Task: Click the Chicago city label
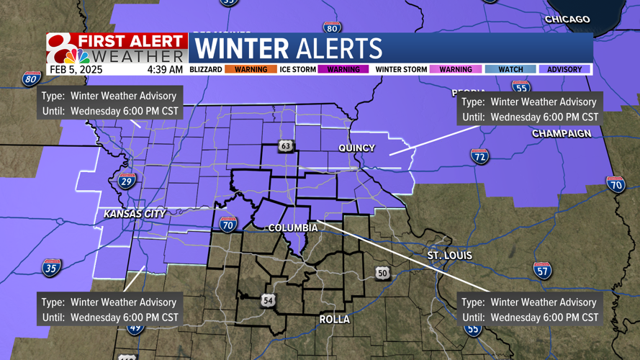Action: [567, 19]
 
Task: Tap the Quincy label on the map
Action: [357, 148]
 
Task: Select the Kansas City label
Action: [135, 214]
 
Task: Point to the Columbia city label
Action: [293, 228]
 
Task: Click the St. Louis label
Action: [450, 256]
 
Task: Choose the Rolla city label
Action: [335, 319]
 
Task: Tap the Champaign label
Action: [562, 134]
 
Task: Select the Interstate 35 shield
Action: [51, 268]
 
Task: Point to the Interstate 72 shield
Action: [480, 156]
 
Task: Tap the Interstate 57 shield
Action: [543, 270]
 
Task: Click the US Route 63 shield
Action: [286, 147]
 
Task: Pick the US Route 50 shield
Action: [382, 272]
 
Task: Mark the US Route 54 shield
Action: [268, 300]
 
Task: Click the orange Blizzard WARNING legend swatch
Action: [251, 69]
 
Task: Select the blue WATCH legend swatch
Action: [510, 69]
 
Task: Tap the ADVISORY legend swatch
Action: [564, 69]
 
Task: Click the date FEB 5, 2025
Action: [76, 70]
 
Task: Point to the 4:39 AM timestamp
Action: [165, 70]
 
